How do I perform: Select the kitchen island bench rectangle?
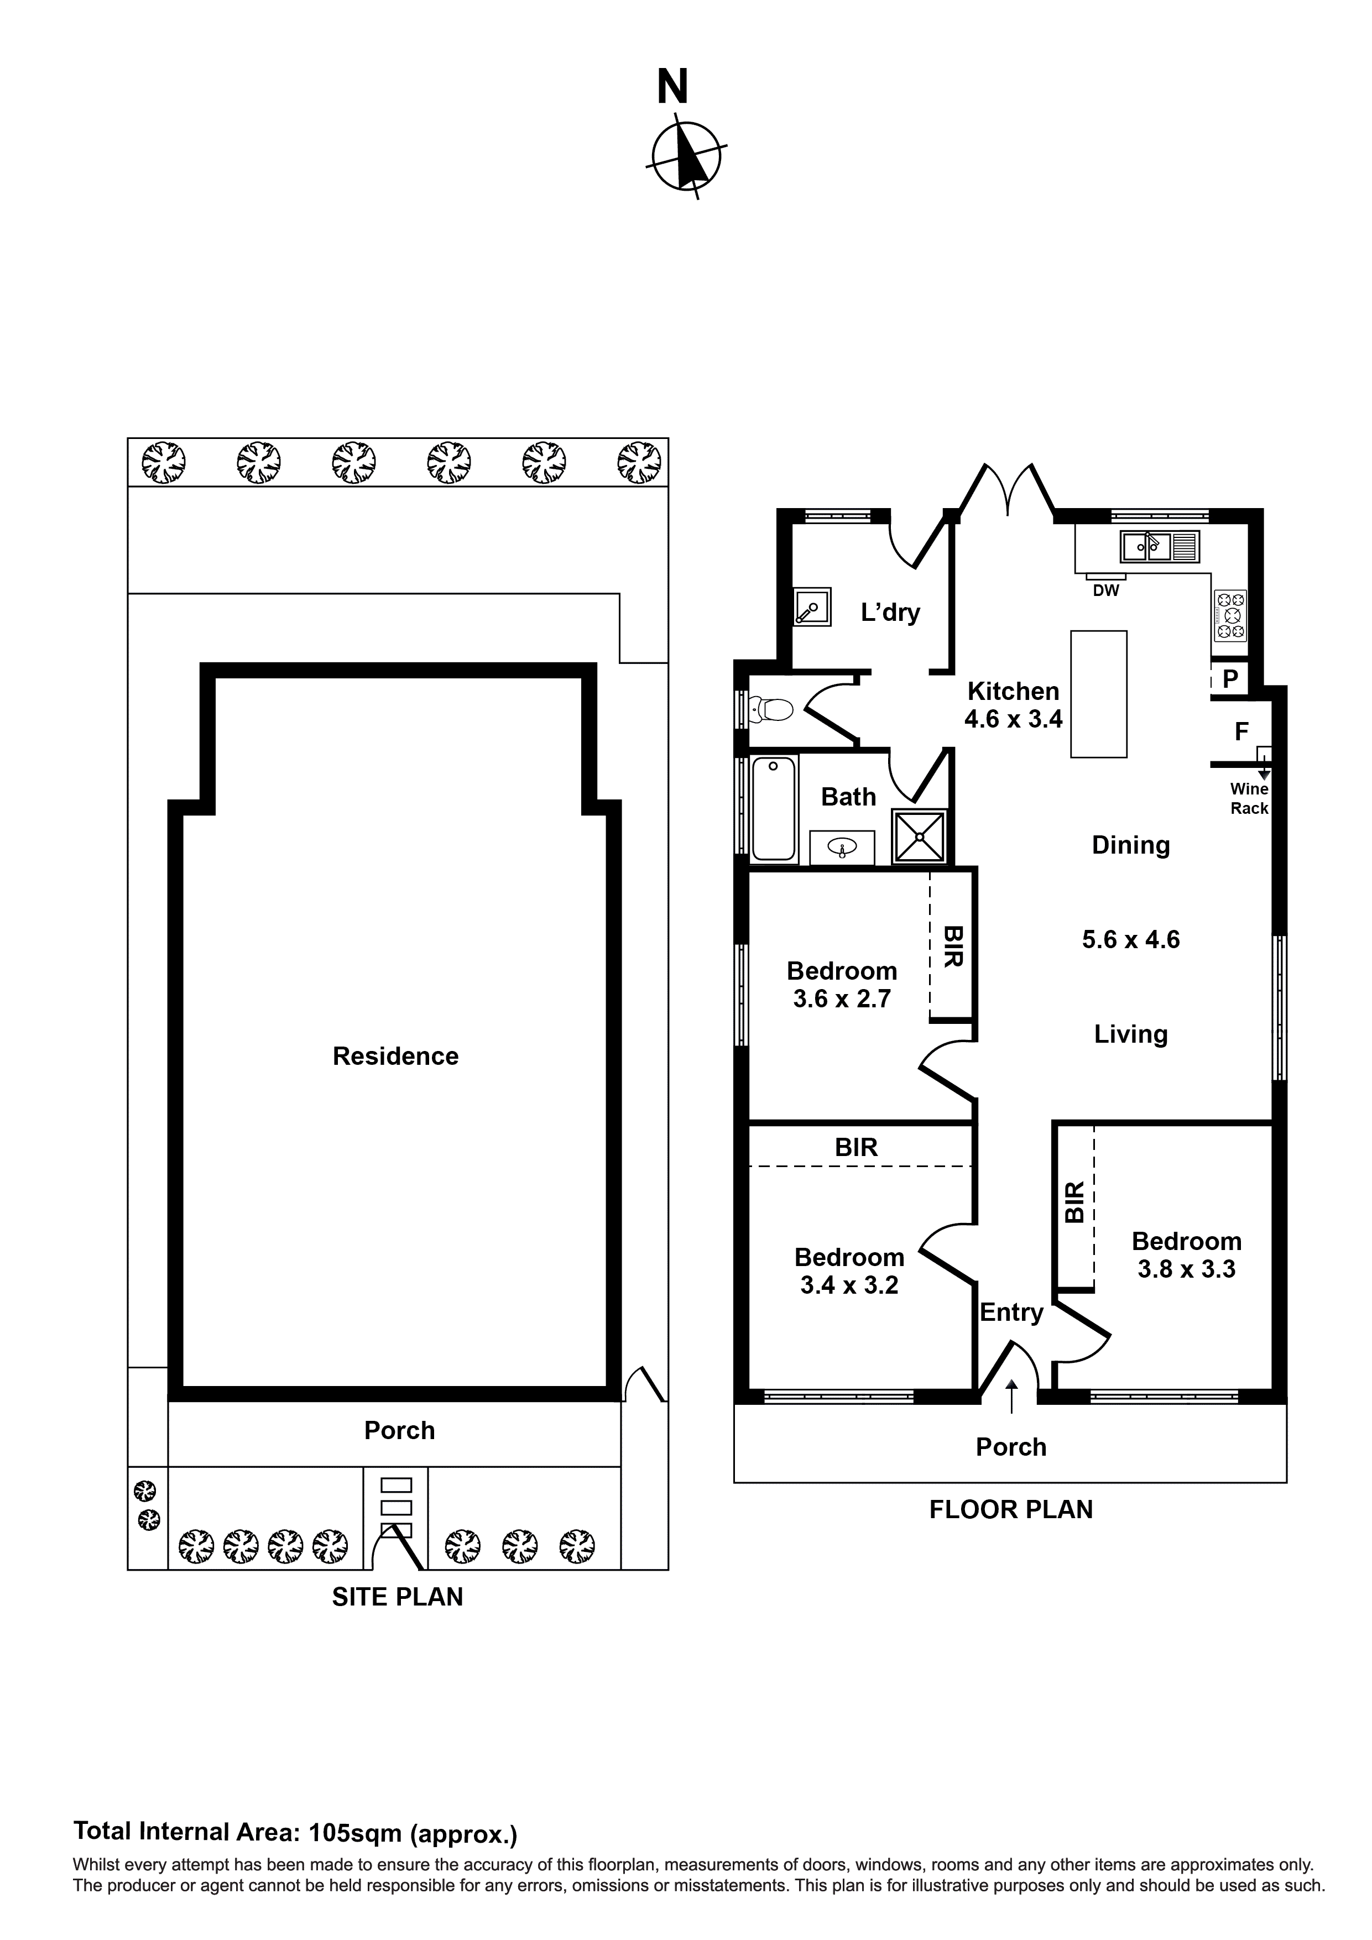click(x=1098, y=694)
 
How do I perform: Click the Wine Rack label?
click(x=1249, y=798)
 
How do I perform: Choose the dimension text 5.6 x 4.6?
click(x=1130, y=939)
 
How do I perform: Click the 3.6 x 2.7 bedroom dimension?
click(x=841, y=998)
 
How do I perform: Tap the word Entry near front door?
click(x=1011, y=1312)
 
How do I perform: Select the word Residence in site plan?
click(x=395, y=1056)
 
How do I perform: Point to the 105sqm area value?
click(x=355, y=1833)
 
